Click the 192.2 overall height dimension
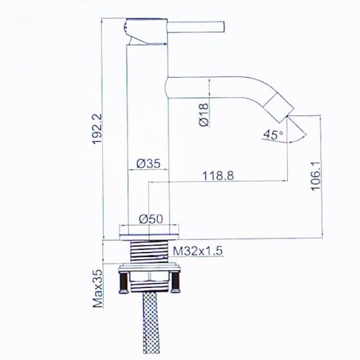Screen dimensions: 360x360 98,129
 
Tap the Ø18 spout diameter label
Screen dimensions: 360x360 204,114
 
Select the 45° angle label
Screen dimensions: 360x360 273,135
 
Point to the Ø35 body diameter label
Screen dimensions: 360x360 148,163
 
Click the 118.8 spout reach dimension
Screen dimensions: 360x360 218,176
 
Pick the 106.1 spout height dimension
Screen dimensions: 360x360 316,176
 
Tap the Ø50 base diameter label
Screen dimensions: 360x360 151,219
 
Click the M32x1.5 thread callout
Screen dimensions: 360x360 198,251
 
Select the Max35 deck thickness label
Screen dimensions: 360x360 98,289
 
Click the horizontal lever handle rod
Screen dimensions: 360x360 196,27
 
